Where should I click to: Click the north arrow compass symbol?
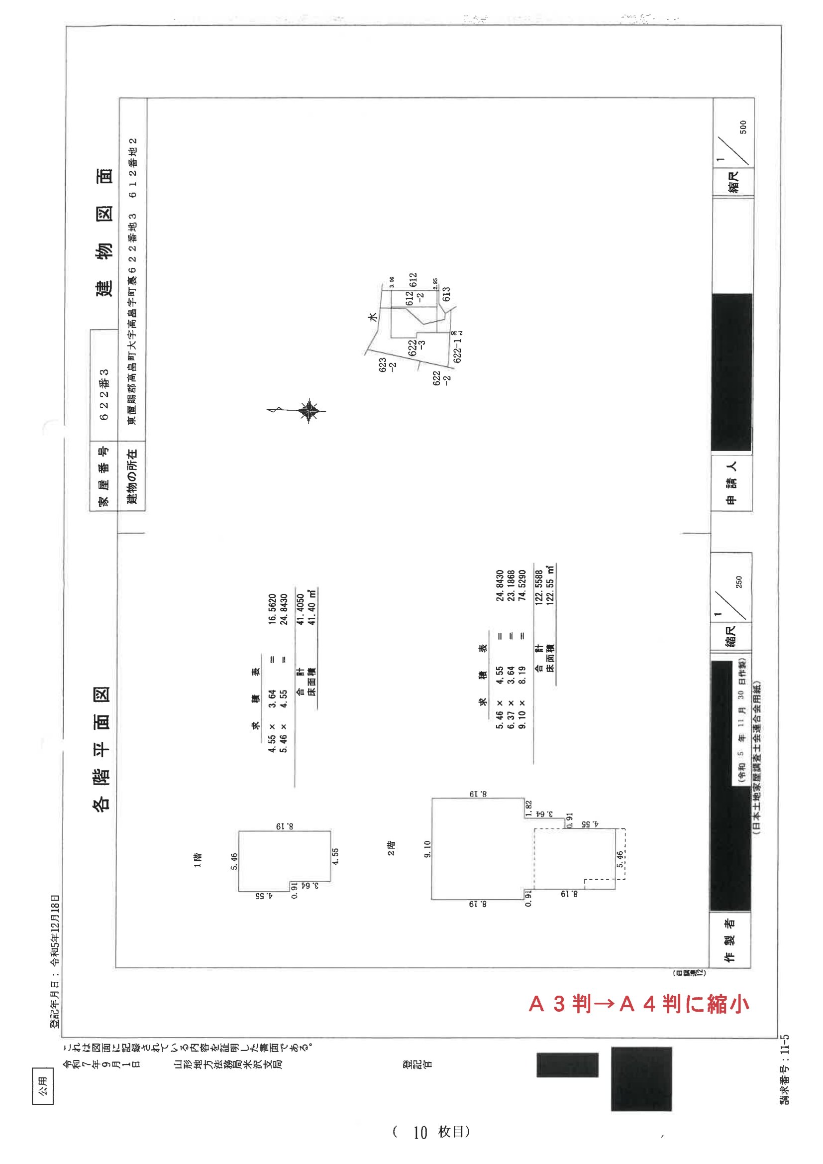pos(307,411)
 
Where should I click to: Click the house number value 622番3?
pos(104,394)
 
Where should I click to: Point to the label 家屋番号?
pos(103,476)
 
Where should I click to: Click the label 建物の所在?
pos(132,476)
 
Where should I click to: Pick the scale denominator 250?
pos(739,582)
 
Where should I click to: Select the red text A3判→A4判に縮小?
pos(638,1004)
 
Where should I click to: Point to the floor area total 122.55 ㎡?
pos(550,585)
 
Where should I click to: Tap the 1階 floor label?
pos(198,860)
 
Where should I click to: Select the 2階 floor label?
pos(391,848)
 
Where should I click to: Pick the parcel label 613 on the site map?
pos(446,294)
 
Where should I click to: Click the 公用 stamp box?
pos(43,1086)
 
